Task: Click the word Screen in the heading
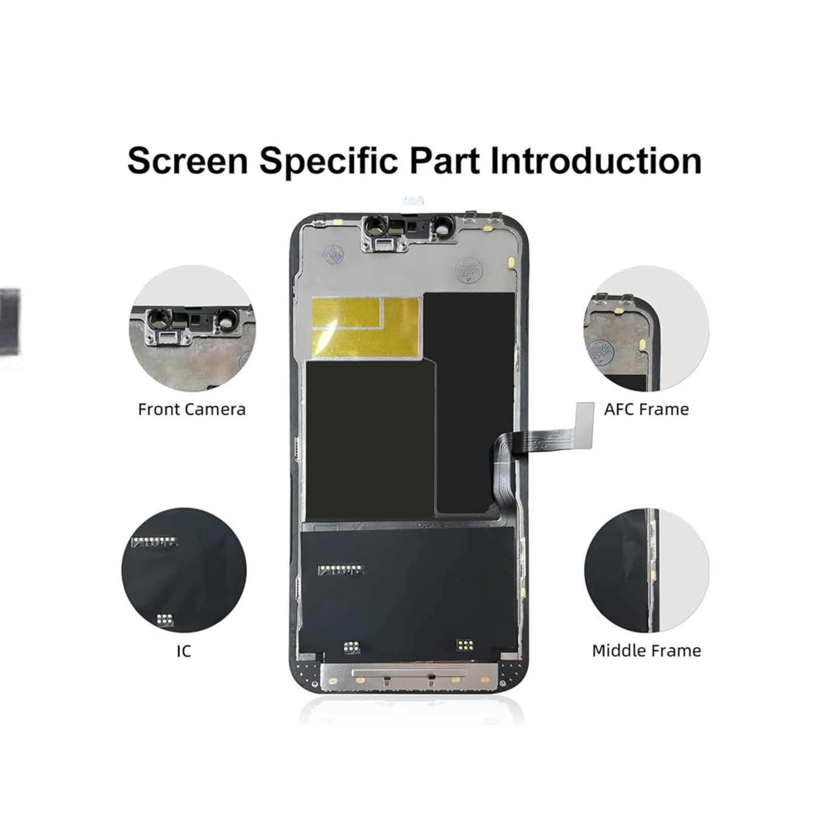tap(187, 160)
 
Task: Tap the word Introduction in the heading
tap(596, 160)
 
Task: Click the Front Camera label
tap(192, 409)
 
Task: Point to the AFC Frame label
tap(646, 409)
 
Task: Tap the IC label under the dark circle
tap(183, 651)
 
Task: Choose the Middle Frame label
tap(646, 650)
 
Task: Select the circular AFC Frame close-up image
tap(646, 329)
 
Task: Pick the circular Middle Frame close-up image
tap(646, 570)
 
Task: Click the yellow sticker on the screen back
tap(365, 327)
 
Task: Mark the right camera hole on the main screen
tap(441, 224)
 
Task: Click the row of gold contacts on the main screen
tap(341, 569)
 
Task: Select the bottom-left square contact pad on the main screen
tap(352, 647)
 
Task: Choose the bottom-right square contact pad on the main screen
tap(465, 645)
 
